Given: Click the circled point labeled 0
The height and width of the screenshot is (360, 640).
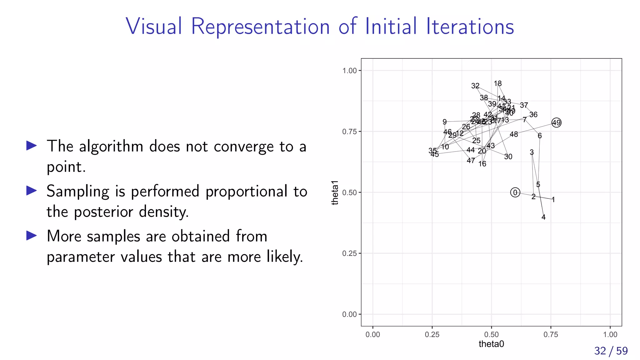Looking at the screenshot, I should pyautogui.click(x=515, y=192).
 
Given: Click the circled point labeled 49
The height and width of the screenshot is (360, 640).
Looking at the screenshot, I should pyautogui.click(x=556, y=123).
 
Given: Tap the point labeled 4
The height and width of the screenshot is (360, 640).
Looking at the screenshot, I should pyautogui.click(x=543, y=217).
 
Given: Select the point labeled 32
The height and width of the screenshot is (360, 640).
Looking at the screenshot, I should pyautogui.click(x=475, y=86).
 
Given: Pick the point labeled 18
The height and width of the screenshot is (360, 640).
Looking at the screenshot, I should pyautogui.click(x=498, y=84).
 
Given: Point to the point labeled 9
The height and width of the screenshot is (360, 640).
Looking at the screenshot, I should pyautogui.click(x=445, y=122).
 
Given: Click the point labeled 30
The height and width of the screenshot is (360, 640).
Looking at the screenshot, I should pyautogui.click(x=508, y=157).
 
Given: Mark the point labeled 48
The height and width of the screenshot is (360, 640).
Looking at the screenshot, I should pyautogui.click(x=514, y=134).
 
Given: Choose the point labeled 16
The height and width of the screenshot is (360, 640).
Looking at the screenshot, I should pyautogui.click(x=482, y=164).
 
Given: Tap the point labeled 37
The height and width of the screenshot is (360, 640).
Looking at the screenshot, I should pyautogui.click(x=524, y=105).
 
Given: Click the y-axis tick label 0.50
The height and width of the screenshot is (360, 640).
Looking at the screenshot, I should pyautogui.click(x=349, y=192).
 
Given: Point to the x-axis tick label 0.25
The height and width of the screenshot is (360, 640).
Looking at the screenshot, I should pyautogui.click(x=432, y=335).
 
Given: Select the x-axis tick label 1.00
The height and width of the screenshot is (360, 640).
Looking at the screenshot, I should pyautogui.click(x=610, y=335).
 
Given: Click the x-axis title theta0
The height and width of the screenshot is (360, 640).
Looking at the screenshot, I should pyautogui.click(x=491, y=344).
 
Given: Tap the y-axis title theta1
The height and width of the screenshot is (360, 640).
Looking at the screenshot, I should pyautogui.click(x=335, y=192).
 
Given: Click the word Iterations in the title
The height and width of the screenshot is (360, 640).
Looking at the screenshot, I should pyautogui.click(x=470, y=26).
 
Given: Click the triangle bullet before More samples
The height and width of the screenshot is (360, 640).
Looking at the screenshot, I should pyautogui.click(x=32, y=236).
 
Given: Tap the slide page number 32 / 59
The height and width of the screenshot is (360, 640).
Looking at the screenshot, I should pyautogui.click(x=611, y=351).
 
